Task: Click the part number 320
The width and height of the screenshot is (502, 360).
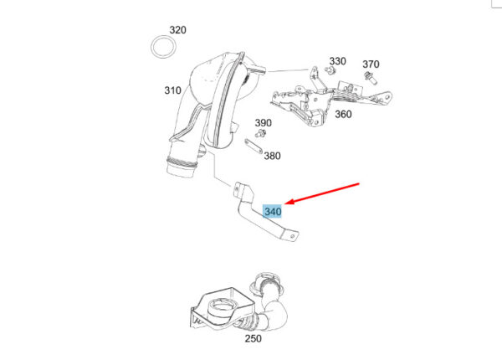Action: coord(177,30)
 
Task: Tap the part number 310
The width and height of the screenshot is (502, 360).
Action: coord(172,90)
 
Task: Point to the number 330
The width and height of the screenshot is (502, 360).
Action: coord(337,61)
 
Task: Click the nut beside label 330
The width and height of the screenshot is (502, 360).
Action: coord(330,73)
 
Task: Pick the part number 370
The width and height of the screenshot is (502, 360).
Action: coord(371,64)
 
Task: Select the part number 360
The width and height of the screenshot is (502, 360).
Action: coord(343,115)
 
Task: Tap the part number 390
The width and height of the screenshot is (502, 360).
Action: coord(264,122)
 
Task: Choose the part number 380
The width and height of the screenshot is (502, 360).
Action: coord(272,155)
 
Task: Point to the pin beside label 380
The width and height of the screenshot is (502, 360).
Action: coord(250,147)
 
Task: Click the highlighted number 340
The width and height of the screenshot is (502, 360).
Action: coord(273,212)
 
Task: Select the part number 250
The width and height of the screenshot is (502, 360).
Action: coord(253,338)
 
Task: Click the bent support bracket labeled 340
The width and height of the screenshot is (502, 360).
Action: coord(251,213)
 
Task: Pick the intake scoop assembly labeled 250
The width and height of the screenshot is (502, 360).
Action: coord(238,306)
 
